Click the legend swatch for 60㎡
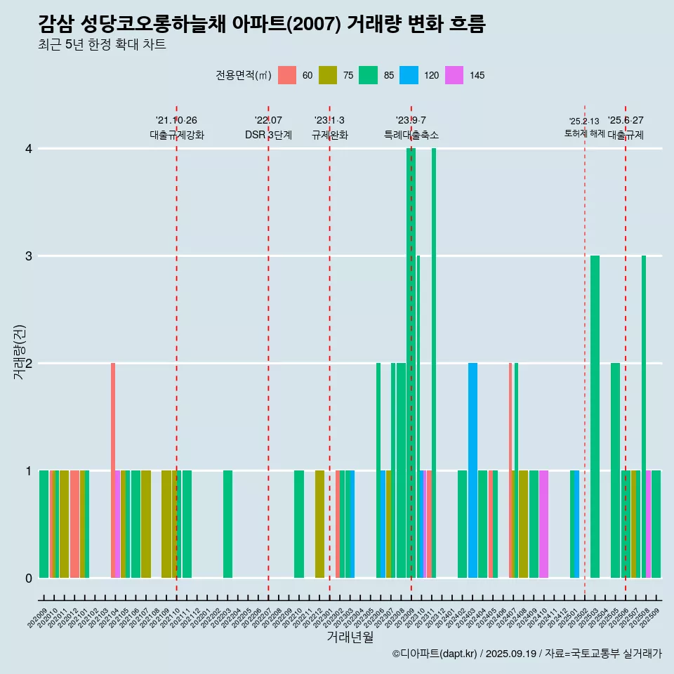(x=287, y=75)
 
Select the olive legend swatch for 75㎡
(x=328, y=75)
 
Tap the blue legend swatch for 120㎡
(x=409, y=75)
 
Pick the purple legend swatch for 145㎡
(x=454, y=75)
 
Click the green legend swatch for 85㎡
(x=368, y=75)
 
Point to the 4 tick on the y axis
(x=29, y=149)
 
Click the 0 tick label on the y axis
(x=29, y=579)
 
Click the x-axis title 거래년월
(x=350, y=637)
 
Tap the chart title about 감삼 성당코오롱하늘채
(x=262, y=24)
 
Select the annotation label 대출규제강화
(x=177, y=135)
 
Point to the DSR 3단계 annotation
(x=268, y=135)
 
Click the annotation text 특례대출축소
(x=411, y=135)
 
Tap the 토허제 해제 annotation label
(x=584, y=133)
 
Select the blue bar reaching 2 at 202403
(x=473, y=470)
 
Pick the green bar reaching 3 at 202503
(x=595, y=417)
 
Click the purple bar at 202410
(x=543, y=524)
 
